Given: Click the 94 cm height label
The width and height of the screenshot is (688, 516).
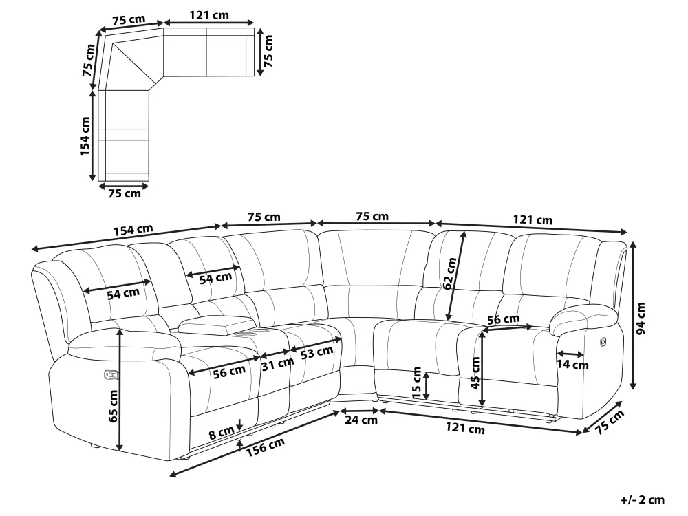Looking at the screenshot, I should pos(641,319).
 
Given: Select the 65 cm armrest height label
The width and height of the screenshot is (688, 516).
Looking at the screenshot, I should pos(113,406).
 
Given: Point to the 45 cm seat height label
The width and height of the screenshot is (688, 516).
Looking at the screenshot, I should pos(475,372).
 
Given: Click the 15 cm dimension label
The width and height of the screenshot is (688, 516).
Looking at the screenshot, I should pos(417,382).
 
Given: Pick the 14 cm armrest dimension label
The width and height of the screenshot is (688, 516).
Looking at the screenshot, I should pos(572,365).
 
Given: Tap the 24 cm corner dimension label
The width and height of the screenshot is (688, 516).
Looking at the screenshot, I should pos(361,420).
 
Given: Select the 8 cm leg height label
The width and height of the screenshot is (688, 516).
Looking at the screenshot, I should pos(222,433).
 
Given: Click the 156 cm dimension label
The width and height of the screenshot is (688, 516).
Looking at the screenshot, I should pos(266,445).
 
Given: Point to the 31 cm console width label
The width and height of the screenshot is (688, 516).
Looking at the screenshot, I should pos(277,365).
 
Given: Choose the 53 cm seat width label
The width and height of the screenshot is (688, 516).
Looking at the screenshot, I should pos(316,352).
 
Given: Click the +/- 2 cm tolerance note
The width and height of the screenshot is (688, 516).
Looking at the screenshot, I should pos(641,500).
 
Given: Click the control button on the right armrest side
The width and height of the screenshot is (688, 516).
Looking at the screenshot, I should pos(603,340).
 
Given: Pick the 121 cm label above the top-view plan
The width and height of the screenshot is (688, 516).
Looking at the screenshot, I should pos(209,14).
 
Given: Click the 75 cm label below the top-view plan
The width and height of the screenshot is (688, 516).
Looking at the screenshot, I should pos(124,194).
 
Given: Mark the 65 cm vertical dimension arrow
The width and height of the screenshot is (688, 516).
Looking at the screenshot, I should pos(120,389).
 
